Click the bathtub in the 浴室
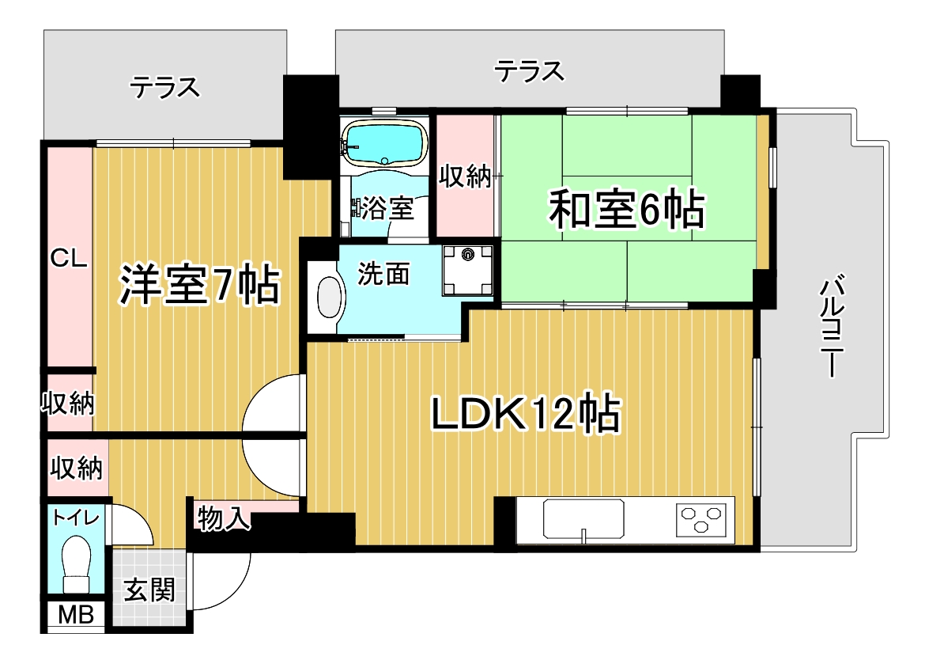coord(386,143)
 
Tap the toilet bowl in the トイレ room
coord(76,563)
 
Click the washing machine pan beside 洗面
coord(468,270)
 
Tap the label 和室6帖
coord(627,209)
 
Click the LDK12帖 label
coord(525,413)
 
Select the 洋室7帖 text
coord(200,285)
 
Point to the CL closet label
coord(69,259)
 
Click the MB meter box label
coord(76,615)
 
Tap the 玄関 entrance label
coord(149,590)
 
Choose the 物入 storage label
coord(224,518)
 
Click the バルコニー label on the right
coord(833,325)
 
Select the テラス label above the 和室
coord(529,71)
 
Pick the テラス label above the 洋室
coord(164,88)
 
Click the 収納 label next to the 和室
coord(465,176)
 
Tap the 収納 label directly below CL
coord(67,404)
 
